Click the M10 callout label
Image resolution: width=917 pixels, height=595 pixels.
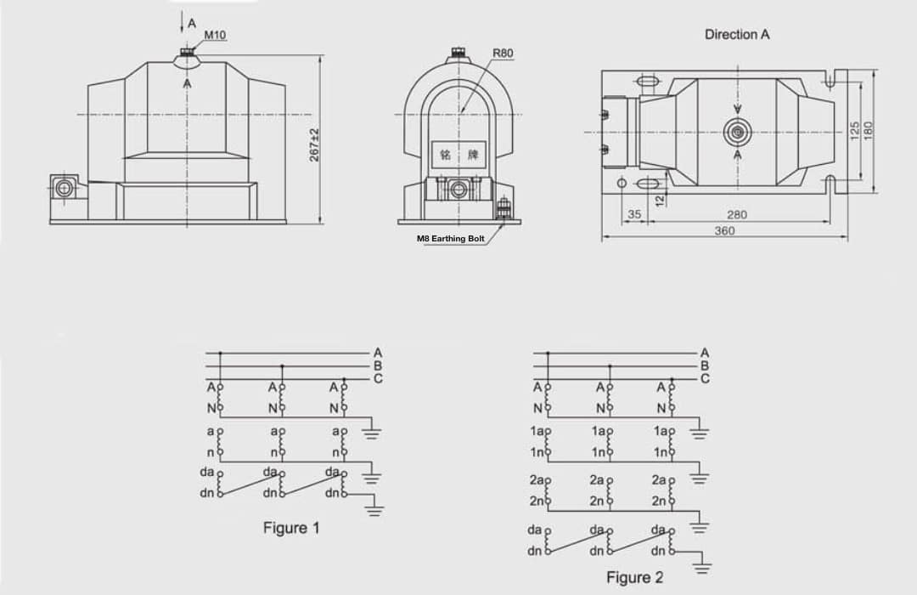point(215,35)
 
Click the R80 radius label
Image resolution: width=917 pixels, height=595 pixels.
point(503,54)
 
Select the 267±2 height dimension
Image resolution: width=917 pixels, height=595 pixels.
point(315,144)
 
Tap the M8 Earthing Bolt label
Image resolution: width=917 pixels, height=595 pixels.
point(450,238)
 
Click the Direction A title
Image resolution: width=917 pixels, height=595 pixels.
point(737,35)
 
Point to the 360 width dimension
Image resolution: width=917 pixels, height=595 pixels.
point(724,230)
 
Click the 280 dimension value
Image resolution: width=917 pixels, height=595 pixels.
point(737,215)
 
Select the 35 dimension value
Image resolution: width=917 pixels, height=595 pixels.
point(634,214)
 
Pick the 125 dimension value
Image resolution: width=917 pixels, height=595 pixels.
point(854,131)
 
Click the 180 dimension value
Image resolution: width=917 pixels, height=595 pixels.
point(868,131)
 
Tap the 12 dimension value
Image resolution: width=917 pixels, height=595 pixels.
point(660,201)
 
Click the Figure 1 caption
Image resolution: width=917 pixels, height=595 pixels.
point(291,528)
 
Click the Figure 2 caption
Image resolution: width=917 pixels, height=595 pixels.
point(634,577)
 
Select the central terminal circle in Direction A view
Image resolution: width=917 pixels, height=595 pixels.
point(738,133)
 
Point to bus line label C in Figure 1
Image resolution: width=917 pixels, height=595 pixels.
point(378,379)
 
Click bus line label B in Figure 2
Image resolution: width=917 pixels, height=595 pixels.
point(705,366)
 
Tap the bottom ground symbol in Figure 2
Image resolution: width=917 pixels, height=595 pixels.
point(703,567)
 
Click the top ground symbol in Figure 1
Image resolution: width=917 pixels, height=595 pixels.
point(372,433)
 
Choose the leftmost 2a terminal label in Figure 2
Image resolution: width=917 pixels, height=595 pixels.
point(537,480)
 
